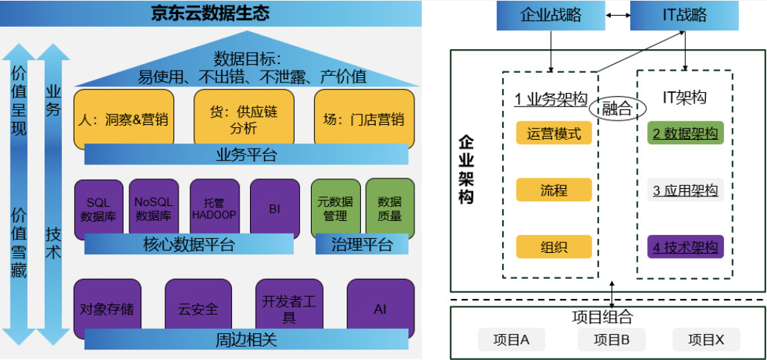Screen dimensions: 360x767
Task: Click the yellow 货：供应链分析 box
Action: click(243, 117)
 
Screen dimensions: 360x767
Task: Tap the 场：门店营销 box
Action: click(364, 117)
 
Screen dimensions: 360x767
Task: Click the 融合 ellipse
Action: click(615, 109)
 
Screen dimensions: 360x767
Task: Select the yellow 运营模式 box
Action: click(553, 134)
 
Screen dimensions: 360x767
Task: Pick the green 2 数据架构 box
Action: click(685, 134)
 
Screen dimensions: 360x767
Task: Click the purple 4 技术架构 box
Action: click(685, 247)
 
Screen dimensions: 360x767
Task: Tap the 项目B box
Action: click(612, 340)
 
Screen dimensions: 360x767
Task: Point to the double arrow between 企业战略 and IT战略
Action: click(617, 14)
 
